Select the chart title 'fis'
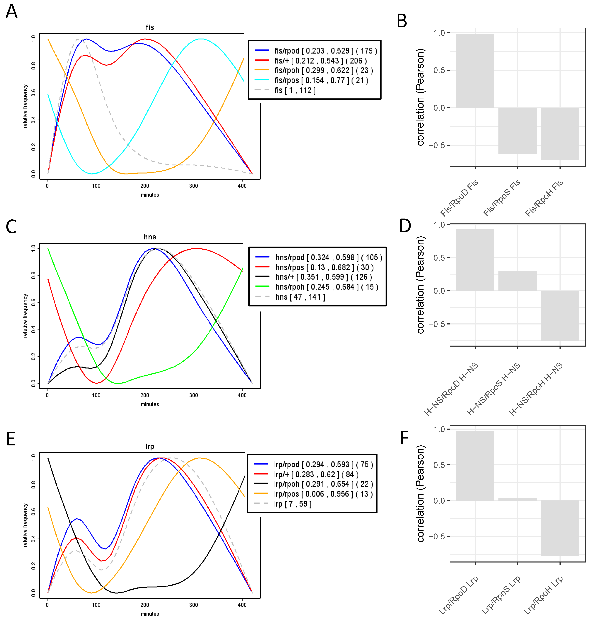point(150,28)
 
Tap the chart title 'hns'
point(150,237)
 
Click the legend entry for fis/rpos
point(321,80)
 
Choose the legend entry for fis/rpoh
point(323,70)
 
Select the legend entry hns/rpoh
point(326,287)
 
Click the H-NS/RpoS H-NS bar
point(518,281)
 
